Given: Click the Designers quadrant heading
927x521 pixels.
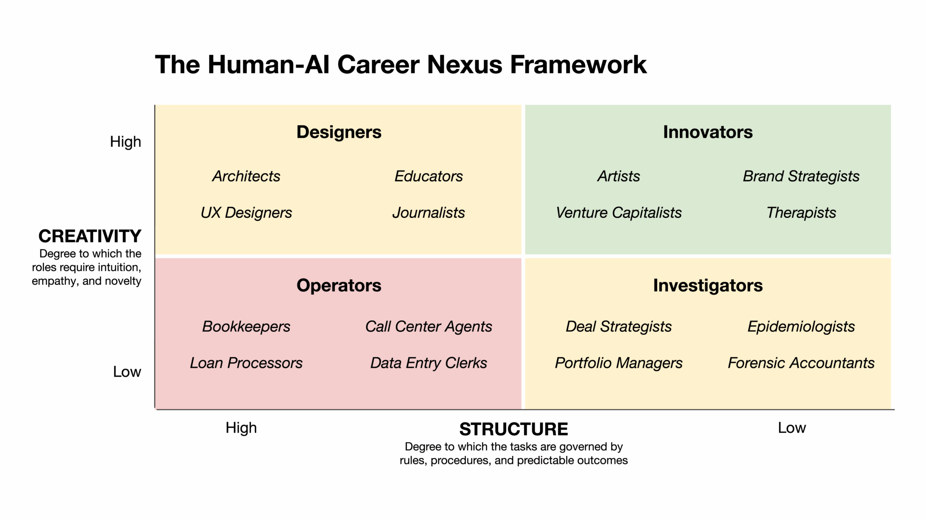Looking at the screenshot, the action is point(339,132).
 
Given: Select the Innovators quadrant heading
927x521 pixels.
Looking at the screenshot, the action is point(708,132).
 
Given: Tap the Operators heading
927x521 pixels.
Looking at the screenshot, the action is point(339,285).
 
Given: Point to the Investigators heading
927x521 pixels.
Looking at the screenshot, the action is point(708,285).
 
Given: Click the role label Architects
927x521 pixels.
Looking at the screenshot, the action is point(246,176).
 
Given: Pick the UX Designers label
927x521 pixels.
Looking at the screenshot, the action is point(246,213).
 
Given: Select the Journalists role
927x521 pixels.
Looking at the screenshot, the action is point(429,213).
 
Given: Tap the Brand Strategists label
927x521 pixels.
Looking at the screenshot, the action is point(801,176).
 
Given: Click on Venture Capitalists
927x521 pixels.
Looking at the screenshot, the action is point(619,213).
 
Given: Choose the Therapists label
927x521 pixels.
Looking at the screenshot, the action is point(801,213).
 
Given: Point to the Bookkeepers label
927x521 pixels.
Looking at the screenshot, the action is point(246,327).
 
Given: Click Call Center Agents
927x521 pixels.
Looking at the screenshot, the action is point(429,327).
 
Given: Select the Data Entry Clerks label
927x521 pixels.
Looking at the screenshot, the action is point(429,363).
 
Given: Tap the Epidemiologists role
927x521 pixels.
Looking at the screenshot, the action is point(801,327).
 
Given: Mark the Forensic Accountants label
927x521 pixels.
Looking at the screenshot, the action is point(801,363).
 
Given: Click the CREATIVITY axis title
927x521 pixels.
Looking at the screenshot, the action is point(90,236).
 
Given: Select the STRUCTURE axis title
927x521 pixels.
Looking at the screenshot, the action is point(514,429).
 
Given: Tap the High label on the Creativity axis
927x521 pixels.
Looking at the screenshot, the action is point(125,142).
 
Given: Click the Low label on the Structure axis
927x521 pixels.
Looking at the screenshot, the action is point(792,428).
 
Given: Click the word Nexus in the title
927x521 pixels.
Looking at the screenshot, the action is point(465,65).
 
